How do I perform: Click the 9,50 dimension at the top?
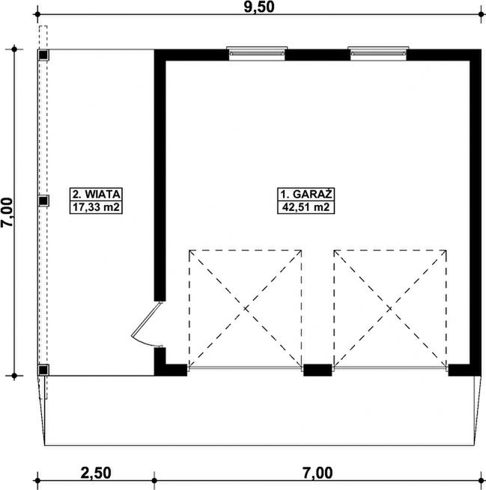tap(259, 7)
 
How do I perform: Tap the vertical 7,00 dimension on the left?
tap(7, 212)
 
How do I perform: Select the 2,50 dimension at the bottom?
tap(96, 473)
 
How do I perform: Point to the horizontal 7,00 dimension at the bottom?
tap(318, 473)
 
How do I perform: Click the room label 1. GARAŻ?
tap(306, 195)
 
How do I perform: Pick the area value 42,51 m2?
tap(306, 207)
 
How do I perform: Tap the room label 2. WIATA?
tap(96, 195)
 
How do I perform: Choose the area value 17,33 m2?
tap(96, 207)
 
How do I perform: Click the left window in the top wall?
tap(257, 53)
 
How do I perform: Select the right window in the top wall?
tap(378, 53)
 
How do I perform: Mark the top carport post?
tap(43, 55)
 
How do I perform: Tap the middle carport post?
tap(43, 200)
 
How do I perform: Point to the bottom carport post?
tap(43, 370)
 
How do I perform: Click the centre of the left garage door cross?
tap(246, 309)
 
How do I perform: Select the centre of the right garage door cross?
tap(390, 309)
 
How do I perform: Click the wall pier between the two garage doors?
tap(318, 370)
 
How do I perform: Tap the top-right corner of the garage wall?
tap(481, 49)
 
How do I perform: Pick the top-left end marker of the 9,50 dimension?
tap(37, 14)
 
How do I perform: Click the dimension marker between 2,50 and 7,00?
tap(154, 480)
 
